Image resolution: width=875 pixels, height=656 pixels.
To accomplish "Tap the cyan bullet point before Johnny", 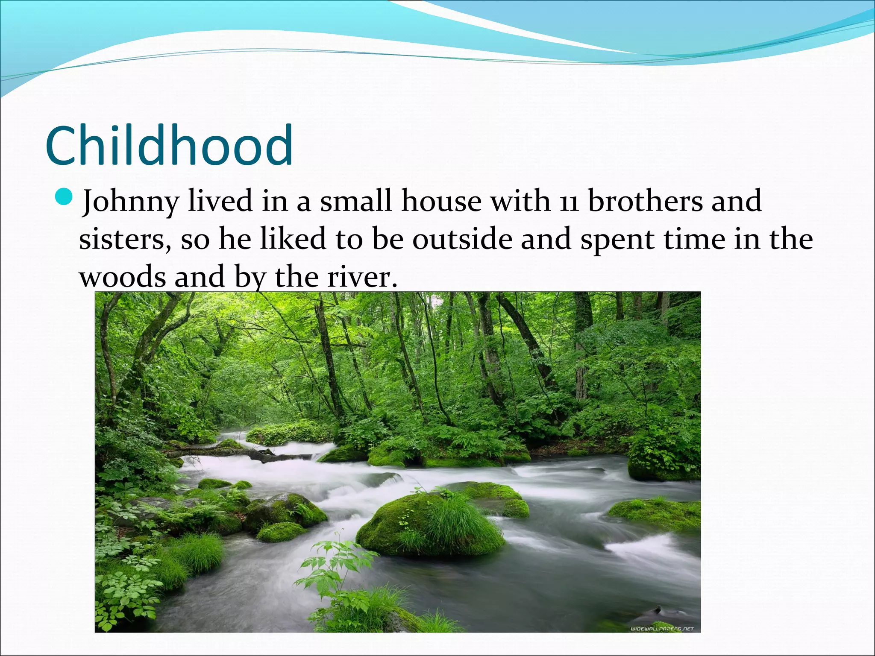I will [65, 198].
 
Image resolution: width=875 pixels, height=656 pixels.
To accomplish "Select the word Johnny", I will [130, 202].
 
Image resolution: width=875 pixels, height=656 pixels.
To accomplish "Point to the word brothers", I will [645, 201].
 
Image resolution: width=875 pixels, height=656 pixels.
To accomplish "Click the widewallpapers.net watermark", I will [662, 628].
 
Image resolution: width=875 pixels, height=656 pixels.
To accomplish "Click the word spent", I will [617, 239].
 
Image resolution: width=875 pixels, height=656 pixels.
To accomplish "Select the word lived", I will [220, 201].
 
